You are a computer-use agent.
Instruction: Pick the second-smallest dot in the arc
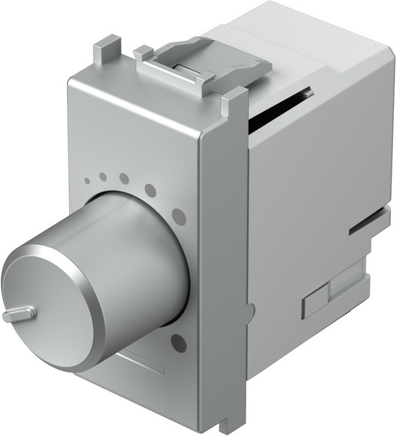[x=103, y=177]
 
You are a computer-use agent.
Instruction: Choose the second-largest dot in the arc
[x=150, y=190]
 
